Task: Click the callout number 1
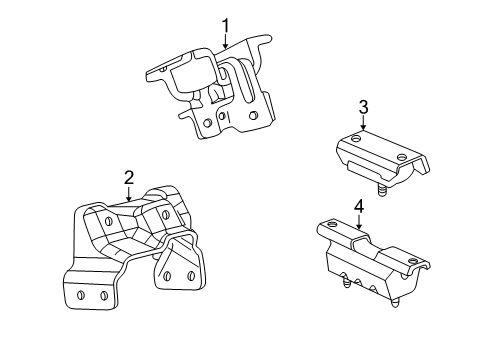point(226,25)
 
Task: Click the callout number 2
point(129,178)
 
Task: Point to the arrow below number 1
point(226,42)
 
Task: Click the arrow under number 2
point(129,194)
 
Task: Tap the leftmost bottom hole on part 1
point(205,124)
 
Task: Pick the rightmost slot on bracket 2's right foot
point(187,274)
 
